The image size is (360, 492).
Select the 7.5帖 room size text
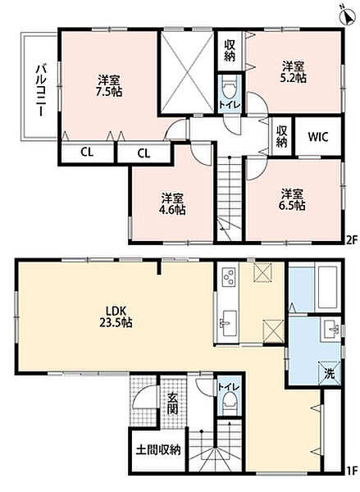pos(109,92)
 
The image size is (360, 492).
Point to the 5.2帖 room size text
pos(293,78)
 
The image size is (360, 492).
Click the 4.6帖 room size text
pos(172,210)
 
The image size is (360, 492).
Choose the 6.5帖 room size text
pos(292,206)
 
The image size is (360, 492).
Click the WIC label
pos(318,136)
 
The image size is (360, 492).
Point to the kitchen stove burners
pos(228,276)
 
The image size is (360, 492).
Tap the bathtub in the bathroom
pos(328,288)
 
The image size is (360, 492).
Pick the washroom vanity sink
pos(330,330)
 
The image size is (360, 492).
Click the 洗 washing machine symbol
pos(329,373)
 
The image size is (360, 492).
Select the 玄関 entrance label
pos(172,403)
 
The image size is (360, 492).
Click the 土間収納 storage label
pos(158,450)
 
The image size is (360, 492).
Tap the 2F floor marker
pos(352,240)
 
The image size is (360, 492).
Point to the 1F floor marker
pos(352,470)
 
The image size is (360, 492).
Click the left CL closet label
pos(87,153)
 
